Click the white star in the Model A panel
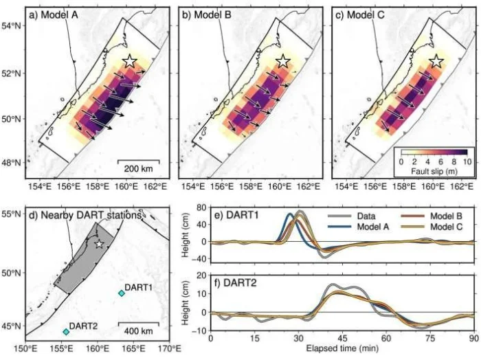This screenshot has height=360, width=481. [x=130, y=61]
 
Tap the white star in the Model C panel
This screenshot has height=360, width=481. [x=436, y=61]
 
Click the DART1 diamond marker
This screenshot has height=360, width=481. [x=122, y=293]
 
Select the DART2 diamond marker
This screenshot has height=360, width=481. [x=66, y=331]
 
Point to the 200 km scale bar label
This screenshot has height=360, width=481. [x=138, y=168]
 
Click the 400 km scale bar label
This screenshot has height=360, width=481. [x=138, y=331]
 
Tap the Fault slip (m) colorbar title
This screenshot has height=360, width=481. [x=434, y=171]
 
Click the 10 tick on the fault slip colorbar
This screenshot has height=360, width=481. [x=467, y=162]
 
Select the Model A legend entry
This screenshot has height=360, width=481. [x=359, y=227]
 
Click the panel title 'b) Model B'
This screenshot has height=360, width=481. [x=207, y=14]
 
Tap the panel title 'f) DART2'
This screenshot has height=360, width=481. [x=235, y=283]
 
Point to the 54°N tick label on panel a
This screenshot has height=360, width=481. [x=12, y=26]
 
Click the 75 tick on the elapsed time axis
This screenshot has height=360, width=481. [x=430, y=339]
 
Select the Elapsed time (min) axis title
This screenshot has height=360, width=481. [x=342, y=348]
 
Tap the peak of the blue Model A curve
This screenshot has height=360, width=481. [x=290, y=214]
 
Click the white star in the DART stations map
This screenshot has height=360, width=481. [x=99, y=244]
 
